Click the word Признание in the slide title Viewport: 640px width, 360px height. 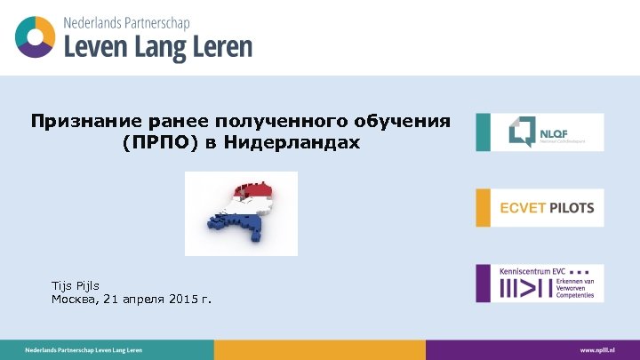(75, 120)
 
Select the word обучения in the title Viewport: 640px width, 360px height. (409, 120)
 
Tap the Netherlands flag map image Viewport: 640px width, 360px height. (241, 214)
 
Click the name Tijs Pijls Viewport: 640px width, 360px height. (76, 285)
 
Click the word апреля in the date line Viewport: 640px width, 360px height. (140, 300)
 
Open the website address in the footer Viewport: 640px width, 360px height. (597, 350)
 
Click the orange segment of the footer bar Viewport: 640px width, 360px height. (319, 350)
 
